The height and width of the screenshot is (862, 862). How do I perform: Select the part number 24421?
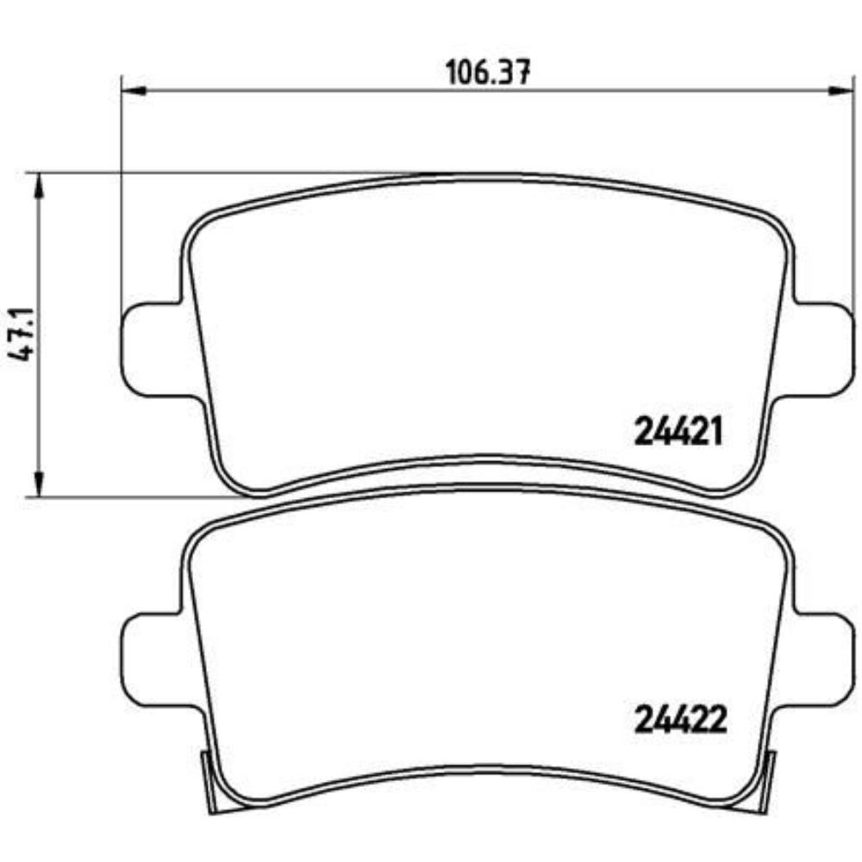tap(677, 432)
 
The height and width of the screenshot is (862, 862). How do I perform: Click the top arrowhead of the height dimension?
tap(36, 184)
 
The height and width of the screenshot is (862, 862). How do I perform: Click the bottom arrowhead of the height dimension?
tap(36, 486)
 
